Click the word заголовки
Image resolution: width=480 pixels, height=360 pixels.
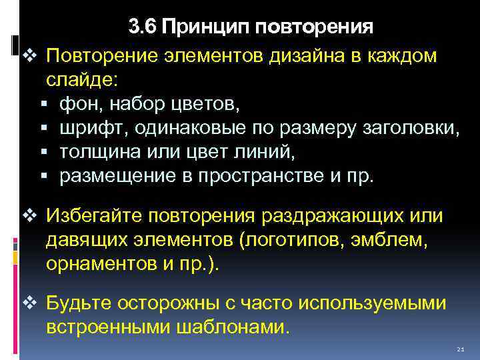tap(414, 128)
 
